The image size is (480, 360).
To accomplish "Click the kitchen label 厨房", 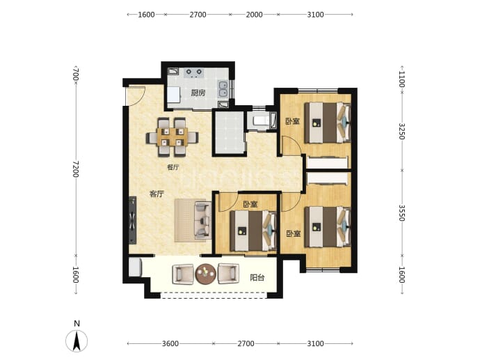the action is (x=198, y=93).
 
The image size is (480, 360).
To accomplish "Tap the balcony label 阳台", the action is (x=257, y=278).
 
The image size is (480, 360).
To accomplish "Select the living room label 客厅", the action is (x=157, y=194).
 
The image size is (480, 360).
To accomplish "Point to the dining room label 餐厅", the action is (x=173, y=167).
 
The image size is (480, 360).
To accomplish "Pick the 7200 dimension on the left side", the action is (x=76, y=169).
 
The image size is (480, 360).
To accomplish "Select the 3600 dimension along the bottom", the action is (x=170, y=343).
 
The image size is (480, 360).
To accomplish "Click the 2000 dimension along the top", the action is (x=254, y=15).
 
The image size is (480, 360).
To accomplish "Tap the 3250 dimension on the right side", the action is (x=402, y=131).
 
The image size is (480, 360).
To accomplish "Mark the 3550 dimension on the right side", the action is (x=402, y=212).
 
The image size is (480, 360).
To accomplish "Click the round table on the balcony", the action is (x=205, y=274).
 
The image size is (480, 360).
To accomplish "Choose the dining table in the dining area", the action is (x=172, y=136).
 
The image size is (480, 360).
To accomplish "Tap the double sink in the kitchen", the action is (x=223, y=88).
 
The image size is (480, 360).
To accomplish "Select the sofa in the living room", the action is (x=202, y=220).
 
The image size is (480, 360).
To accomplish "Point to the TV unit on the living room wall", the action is (x=133, y=220).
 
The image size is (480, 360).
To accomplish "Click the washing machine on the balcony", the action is (x=135, y=267).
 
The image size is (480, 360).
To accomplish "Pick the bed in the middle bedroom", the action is (x=253, y=230).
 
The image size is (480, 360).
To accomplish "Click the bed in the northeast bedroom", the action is (x=328, y=123).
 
